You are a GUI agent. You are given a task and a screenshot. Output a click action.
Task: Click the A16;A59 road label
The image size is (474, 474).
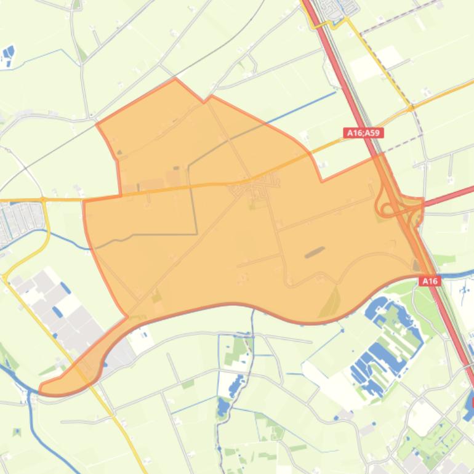[x=363, y=132]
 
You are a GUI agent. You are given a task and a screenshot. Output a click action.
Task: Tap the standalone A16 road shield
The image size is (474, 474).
[x=430, y=281]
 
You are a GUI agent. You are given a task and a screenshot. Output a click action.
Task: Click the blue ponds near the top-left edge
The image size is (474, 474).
[x=8, y=55]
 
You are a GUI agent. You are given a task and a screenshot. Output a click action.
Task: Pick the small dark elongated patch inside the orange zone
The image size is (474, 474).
[x=315, y=251]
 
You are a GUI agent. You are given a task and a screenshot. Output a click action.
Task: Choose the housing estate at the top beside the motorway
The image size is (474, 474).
[x=335, y=9]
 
